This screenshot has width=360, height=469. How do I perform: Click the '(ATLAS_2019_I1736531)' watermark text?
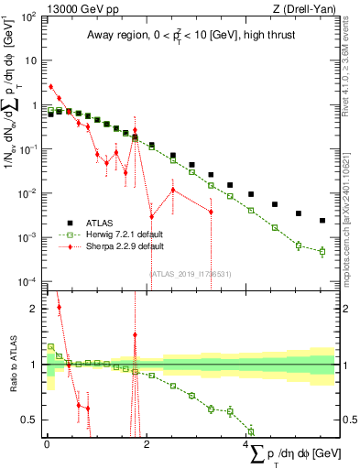191,272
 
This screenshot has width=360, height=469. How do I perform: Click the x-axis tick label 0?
47,444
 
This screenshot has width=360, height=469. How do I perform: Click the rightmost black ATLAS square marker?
322,221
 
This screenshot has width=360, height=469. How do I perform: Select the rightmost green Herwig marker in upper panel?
322,251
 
